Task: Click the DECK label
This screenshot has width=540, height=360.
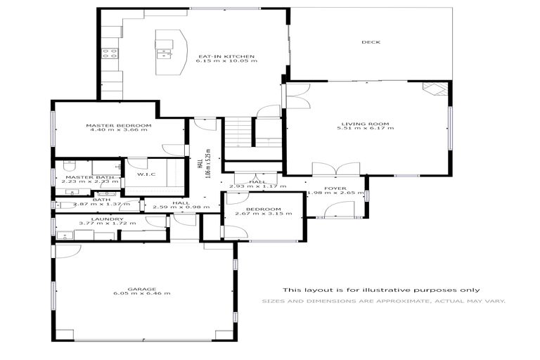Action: click(x=371, y=42)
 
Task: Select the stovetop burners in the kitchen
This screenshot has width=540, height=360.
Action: click(x=110, y=51)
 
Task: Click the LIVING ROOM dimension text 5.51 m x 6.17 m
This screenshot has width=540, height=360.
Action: click(x=366, y=129)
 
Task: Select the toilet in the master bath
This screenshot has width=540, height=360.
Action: click(x=67, y=167)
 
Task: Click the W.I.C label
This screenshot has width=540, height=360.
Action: click(x=146, y=174)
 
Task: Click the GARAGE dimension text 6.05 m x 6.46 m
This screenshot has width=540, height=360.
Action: click(x=143, y=293)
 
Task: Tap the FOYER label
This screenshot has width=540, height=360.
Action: click(x=335, y=188)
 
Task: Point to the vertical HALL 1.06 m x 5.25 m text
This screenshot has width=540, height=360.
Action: click(x=209, y=163)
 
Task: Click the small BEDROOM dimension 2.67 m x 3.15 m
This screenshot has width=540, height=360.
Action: click(x=258, y=214)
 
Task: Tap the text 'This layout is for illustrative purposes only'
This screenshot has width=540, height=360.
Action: click(x=382, y=290)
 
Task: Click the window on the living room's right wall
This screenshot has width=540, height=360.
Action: click(x=450, y=127)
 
